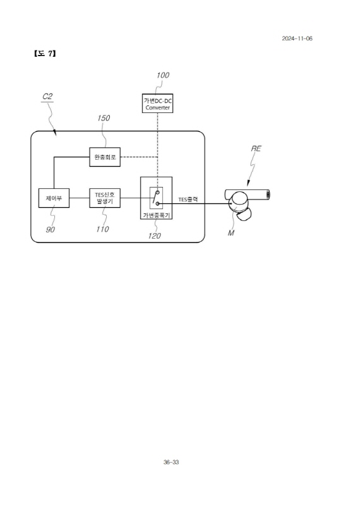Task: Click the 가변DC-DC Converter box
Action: (157, 103)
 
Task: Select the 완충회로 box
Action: (105, 157)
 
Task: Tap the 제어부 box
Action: (54, 198)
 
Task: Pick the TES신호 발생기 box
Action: (105, 198)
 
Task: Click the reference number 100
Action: (163, 75)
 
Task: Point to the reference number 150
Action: (104, 118)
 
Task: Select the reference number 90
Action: (51, 229)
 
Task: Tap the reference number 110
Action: (102, 229)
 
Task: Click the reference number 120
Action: (155, 236)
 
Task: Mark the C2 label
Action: (47, 97)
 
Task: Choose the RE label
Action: (256, 148)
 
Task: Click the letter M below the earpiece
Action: (231, 233)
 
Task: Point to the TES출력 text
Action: (188, 200)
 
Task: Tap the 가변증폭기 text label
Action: (156, 215)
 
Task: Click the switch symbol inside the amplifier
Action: (156, 198)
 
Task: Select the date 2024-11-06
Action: (297, 39)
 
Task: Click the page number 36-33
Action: (171, 462)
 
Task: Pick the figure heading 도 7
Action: (45, 54)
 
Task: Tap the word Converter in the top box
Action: (157, 107)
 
